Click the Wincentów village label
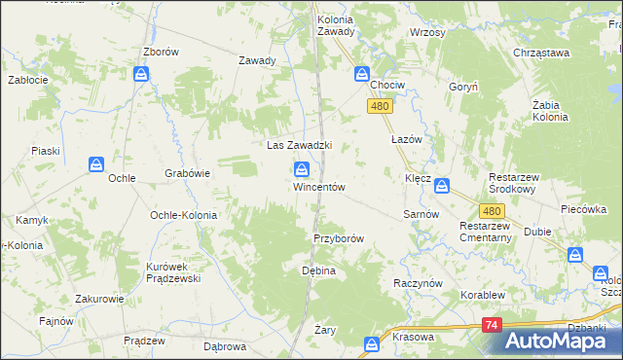pos(319,187)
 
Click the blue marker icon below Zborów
pos(142,74)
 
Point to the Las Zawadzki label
pos(300,145)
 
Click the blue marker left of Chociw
pos(362,73)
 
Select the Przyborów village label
pos(339,238)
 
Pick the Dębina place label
pos(318,270)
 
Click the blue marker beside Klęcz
pos(442,185)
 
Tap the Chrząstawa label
pos(539,54)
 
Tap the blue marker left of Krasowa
pos(371,343)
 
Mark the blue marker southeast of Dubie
pos(576,256)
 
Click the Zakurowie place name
pos(101,301)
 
